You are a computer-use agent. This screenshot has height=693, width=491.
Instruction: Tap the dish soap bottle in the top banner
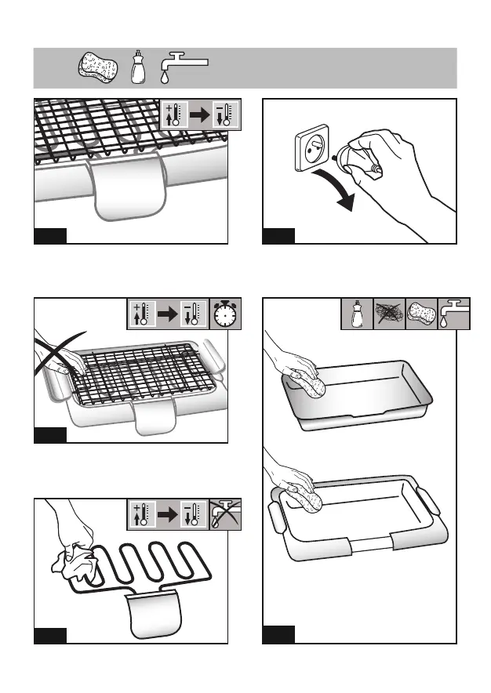click(138, 67)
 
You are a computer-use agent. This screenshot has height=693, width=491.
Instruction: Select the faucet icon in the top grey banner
click(181, 67)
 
